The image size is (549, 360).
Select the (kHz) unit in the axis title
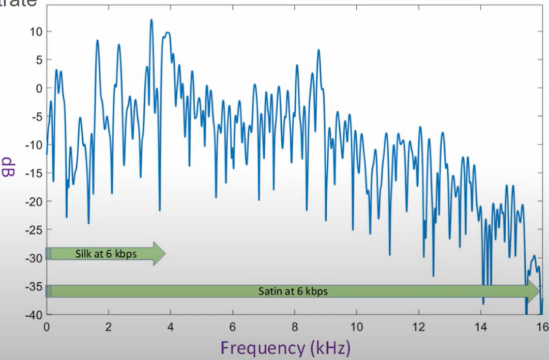coord(330,348)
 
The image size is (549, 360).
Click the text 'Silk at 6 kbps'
coord(106,254)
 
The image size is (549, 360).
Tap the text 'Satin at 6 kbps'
coord(293,291)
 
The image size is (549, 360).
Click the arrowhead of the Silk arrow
coord(159,253)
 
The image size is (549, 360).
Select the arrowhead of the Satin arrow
coord(533,291)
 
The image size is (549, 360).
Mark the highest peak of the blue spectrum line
coord(151,20)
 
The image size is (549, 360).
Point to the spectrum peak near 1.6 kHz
coord(97,40)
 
